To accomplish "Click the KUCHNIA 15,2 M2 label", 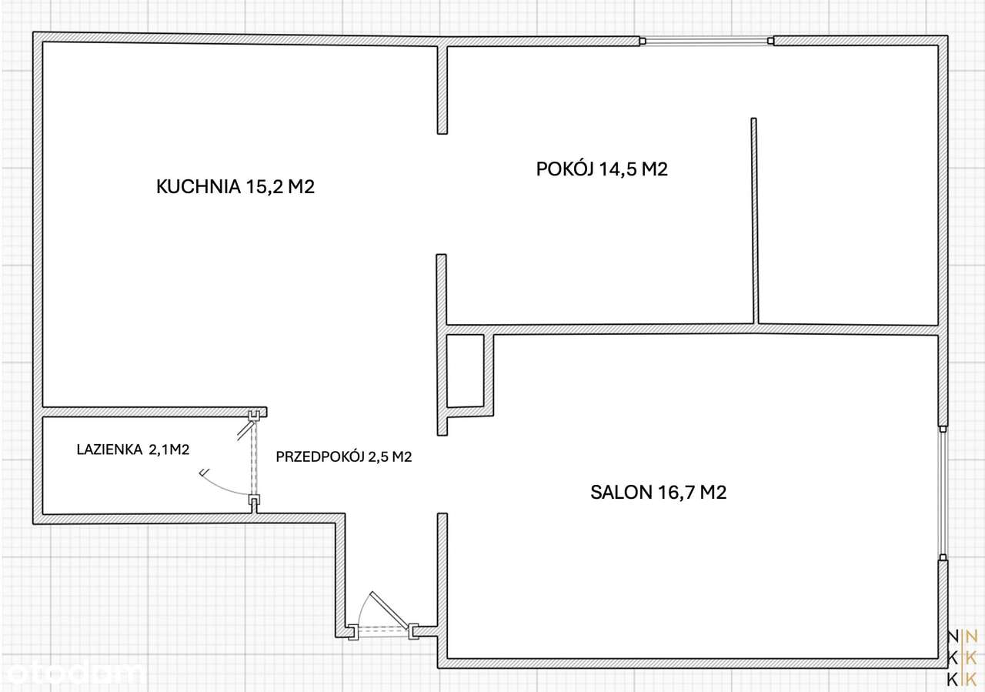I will coord(235,186).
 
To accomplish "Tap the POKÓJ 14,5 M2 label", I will coord(601,169).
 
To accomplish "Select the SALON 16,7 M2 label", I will coord(659,493).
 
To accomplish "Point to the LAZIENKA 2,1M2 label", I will coord(132,450).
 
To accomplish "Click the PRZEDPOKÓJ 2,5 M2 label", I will coord(344,456).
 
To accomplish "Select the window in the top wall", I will coord(707,42).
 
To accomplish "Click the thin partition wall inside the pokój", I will coord(754,219).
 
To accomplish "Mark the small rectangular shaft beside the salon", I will coord(465,370).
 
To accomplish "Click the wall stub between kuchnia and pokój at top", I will coord(442,89).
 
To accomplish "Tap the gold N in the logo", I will coord(971,636).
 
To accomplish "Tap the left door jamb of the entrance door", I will coord(350,632).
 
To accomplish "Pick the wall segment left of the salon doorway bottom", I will coord(442,585).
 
